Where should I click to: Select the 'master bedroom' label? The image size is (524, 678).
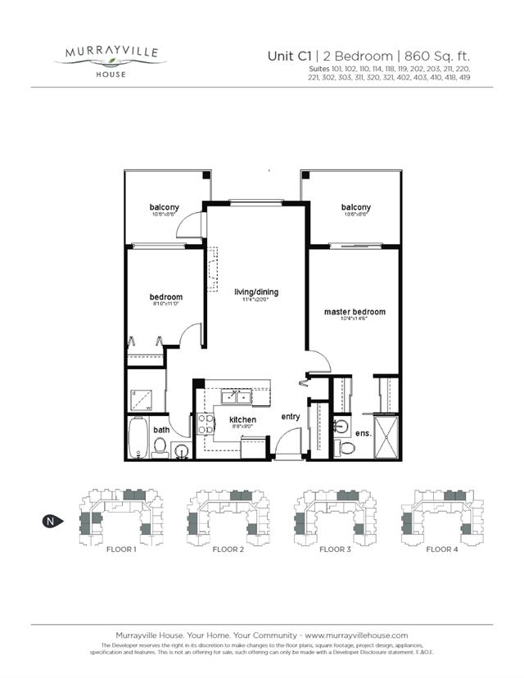355,312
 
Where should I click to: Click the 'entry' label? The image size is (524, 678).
291,417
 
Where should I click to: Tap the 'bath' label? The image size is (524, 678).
162,430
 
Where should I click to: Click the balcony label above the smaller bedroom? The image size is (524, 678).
164,207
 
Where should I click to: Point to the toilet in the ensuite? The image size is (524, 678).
347,448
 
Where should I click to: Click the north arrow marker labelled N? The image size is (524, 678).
51,520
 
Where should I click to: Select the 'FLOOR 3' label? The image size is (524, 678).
335,549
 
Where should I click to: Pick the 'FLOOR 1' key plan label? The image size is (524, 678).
121,549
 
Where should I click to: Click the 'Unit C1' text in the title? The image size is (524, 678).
289,56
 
